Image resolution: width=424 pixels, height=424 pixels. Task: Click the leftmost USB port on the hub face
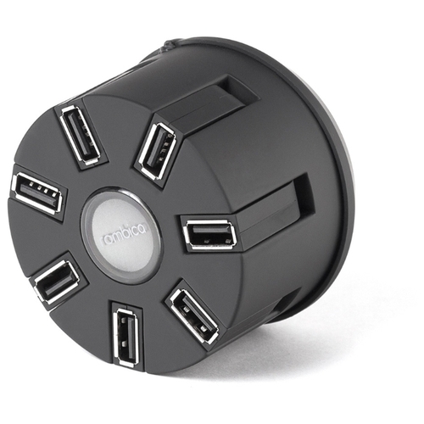[37, 193]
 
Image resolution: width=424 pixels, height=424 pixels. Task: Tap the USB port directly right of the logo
[210, 234]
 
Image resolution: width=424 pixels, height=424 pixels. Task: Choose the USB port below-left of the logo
[56, 282]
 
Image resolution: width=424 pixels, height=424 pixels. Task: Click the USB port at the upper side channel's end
[157, 151]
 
